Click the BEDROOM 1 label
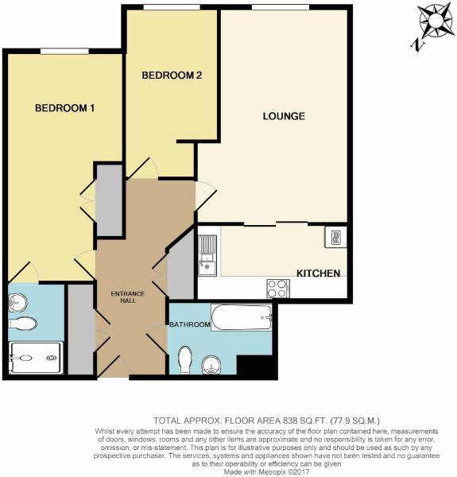pyautogui.click(x=65, y=108)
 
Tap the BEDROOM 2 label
pyautogui.click(x=172, y=76)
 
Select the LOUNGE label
pyautogui.click(x=284, y=116)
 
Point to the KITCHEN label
pyautogui.click(x=318, y=273)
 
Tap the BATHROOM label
pyautogui.click(x=189, y=324)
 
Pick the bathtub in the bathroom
pyautogui.click(x=242, y=319)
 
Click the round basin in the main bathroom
pyautogui.click(x=211, y=365)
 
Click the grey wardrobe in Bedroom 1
pyautogui.click(x=109, y=200)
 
